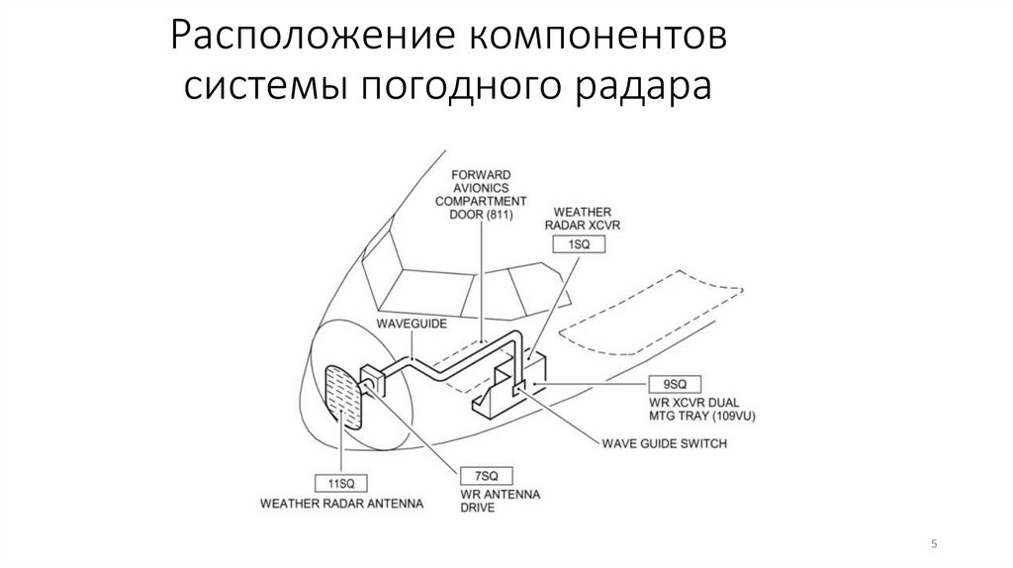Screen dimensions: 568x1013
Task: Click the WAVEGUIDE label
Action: tap(411, 325)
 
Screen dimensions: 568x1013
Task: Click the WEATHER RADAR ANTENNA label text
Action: tap(341, 503)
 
